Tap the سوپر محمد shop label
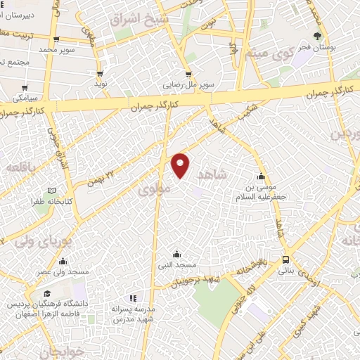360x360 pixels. coord(56,51)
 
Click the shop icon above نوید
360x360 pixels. coord(101,72)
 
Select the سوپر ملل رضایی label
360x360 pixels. coord(188,85)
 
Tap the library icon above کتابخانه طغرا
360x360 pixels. coord(50,191)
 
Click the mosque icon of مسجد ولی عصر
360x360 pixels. coord(63,262)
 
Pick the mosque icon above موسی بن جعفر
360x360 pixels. coord(262,176)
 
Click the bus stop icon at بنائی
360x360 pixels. coord(285,259)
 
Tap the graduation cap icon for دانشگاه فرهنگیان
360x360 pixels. coord(46,294)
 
